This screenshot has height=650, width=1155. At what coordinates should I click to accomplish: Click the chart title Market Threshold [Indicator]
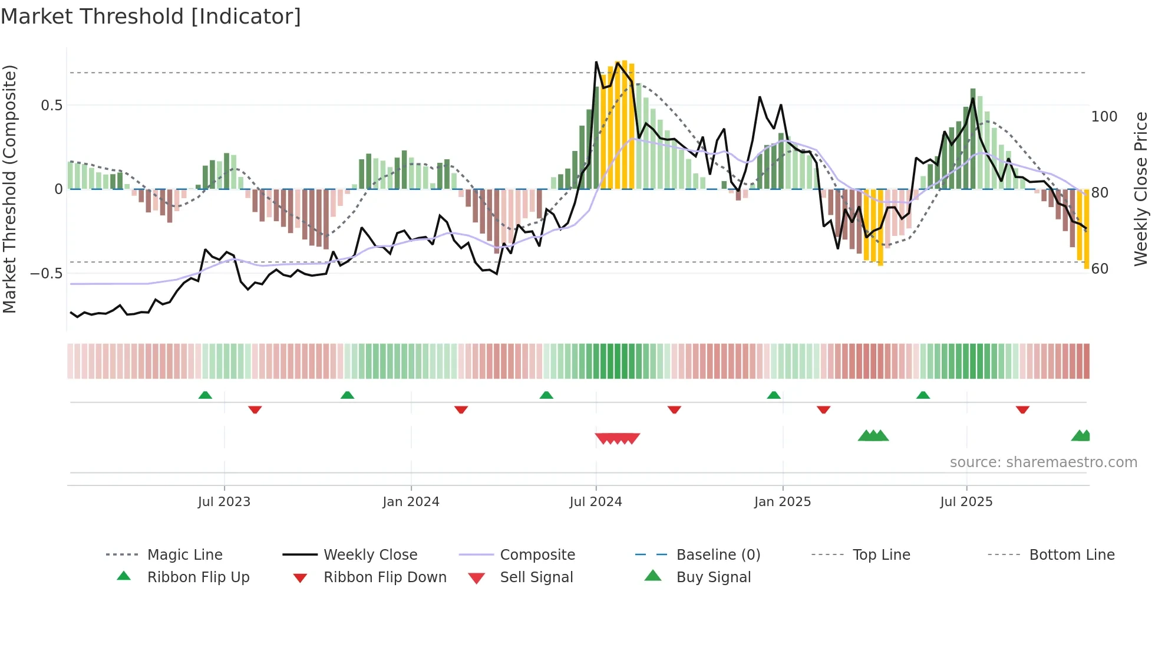point(151,17)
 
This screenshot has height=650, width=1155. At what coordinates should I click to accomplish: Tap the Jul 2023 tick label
point(224,502)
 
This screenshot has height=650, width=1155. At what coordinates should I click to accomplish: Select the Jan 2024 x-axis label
point(411,502)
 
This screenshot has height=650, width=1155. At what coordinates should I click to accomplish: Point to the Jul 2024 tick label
point(596,502)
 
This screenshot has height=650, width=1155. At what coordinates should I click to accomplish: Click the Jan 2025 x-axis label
point(783,502)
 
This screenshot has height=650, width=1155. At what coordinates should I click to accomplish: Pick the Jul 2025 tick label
point(966,502)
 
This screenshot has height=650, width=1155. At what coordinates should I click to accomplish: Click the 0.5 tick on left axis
point(51,106)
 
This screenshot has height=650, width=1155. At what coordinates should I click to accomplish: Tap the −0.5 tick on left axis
point(47,274)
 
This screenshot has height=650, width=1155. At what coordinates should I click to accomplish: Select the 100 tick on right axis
point(1104,117)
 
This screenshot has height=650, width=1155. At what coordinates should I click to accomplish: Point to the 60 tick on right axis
point(1100,269)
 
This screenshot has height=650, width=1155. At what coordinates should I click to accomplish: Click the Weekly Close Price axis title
point(1141,189)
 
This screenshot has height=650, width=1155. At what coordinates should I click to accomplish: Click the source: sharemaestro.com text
point(1043,462)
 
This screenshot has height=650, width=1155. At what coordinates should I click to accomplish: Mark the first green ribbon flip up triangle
point(205,395)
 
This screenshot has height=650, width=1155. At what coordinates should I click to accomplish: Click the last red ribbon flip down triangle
point(1022,409)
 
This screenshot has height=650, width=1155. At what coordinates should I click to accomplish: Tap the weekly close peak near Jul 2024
point(596,62)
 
